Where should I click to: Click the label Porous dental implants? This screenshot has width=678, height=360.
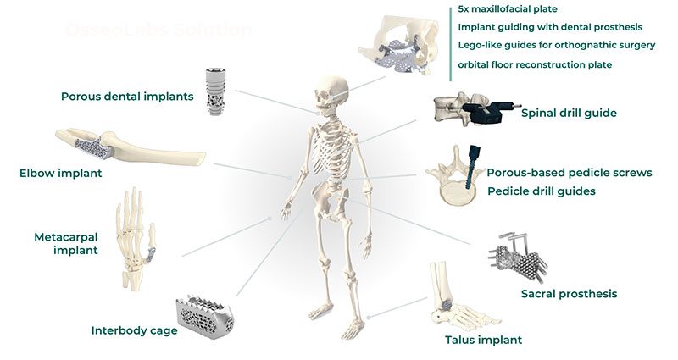pos(127,97)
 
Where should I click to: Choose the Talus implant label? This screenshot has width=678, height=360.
pos(483,341)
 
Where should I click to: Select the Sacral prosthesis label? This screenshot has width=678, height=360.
pos(569,294)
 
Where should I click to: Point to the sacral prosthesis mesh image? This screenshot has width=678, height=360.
pos(519,255)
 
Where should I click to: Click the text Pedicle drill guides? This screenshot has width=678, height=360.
pos(541,191)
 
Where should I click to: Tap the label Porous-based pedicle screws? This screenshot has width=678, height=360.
pos(569,173)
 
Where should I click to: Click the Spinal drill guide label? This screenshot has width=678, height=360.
pos(568,112)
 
